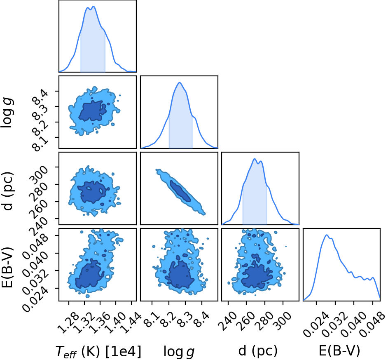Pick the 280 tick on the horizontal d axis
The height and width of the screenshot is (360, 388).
pos(264,321)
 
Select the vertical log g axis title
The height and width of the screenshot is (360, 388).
pos(8,113)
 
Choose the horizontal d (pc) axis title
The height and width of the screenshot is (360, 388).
pos(258,351)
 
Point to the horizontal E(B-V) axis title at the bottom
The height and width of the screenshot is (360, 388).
pos(339,351)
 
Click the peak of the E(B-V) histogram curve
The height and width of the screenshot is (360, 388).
pos(327,235)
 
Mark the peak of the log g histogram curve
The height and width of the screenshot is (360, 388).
pos(180,83)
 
